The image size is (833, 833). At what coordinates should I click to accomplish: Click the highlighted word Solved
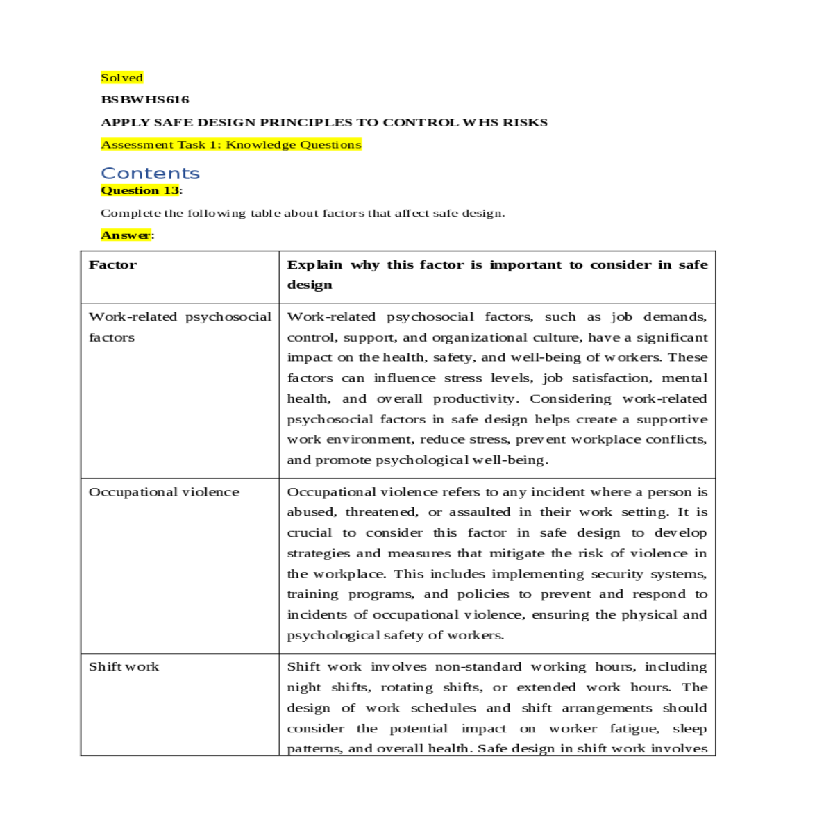coord(122,78)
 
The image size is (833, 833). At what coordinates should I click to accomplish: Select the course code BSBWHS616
coord(145,100)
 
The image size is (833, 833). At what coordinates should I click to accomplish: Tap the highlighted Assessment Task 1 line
coord(231,145)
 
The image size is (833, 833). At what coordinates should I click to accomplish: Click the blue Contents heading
coord(150,174)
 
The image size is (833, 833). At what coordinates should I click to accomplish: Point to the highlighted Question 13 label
coord(140,190)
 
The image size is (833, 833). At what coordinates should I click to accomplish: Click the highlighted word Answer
coord(126,235)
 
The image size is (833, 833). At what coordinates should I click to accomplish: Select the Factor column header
coord(113,264)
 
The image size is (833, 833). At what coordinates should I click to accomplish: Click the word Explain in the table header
coord(314,264)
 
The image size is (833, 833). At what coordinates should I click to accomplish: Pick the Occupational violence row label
coord(164,492)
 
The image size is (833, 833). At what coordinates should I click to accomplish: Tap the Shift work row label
coord(124,666)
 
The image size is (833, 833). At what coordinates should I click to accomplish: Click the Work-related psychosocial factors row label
coord(180,326)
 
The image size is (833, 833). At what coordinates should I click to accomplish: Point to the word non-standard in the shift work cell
coord(478,666)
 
